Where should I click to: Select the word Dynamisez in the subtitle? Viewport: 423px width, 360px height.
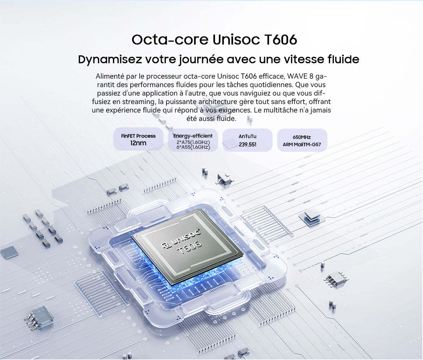click(110, 60)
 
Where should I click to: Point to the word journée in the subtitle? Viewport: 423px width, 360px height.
click(201, 60)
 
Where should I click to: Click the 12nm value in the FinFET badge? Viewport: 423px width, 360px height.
click(138, 143)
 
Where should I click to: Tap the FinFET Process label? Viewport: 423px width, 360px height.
click(138, 136)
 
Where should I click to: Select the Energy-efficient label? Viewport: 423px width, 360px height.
click(193, 136)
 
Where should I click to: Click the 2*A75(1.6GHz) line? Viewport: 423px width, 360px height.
click(193, 142)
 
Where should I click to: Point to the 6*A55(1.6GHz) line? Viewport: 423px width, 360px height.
click(193, 147)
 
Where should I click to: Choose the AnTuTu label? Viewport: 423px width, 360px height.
click(247, 136)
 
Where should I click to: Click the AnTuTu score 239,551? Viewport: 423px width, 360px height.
click(247, 145)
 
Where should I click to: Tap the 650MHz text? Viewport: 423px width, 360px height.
click(302, 137)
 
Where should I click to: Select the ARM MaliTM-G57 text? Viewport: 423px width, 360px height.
click(302, 145)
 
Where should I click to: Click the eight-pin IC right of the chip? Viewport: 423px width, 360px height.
click(336, 279)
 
